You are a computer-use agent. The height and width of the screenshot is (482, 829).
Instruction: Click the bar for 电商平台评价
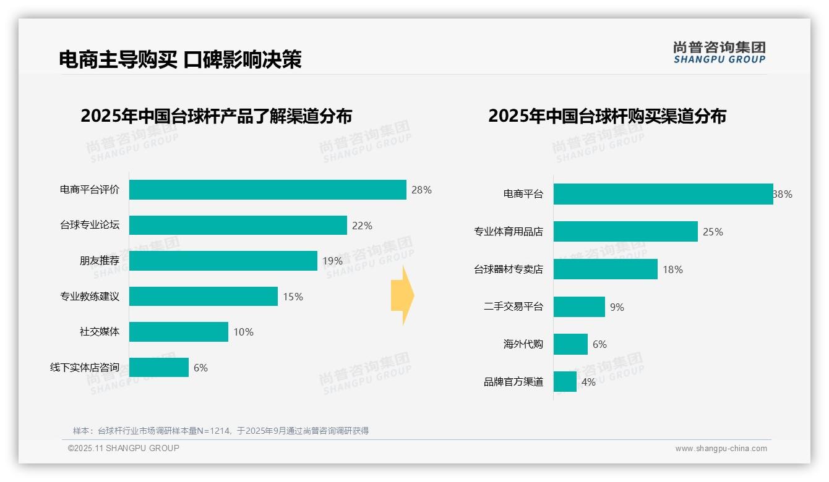(267, 190)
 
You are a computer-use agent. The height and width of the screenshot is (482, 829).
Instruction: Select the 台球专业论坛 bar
(238, 226)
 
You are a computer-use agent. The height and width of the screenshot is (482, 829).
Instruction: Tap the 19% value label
(332, 261)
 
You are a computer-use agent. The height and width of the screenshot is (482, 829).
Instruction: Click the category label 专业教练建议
(90, 297)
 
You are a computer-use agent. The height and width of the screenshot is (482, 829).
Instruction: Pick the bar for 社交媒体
(178, 332)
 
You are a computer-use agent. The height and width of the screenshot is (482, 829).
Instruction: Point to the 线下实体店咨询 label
(85, 368)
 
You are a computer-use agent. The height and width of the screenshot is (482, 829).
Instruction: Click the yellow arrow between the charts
(402, 295)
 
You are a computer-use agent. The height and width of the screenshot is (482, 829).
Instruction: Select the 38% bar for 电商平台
(663, 194)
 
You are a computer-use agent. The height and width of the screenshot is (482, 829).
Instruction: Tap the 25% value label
(713, 232)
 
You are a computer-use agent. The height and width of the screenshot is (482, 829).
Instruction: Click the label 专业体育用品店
(509, 232)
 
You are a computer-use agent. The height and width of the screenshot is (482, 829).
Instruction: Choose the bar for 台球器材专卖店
(605, 269)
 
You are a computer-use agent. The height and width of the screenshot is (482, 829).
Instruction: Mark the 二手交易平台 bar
(579, 307)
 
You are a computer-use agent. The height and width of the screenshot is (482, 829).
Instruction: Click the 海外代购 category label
(523, 344)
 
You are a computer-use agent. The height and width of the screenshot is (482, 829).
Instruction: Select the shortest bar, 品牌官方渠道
(565, 382)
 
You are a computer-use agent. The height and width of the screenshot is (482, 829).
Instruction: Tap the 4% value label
(588, 382)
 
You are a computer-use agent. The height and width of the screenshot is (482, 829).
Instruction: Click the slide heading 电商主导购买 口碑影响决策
(180, 59)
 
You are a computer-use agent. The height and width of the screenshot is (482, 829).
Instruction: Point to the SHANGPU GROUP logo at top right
(719, 53)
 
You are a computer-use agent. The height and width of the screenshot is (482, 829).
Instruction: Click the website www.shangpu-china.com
(721, 449)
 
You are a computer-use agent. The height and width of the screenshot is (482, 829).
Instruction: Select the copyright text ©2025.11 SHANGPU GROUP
(124, 448)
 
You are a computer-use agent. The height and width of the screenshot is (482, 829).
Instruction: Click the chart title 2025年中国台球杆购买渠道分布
(607, 116)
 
